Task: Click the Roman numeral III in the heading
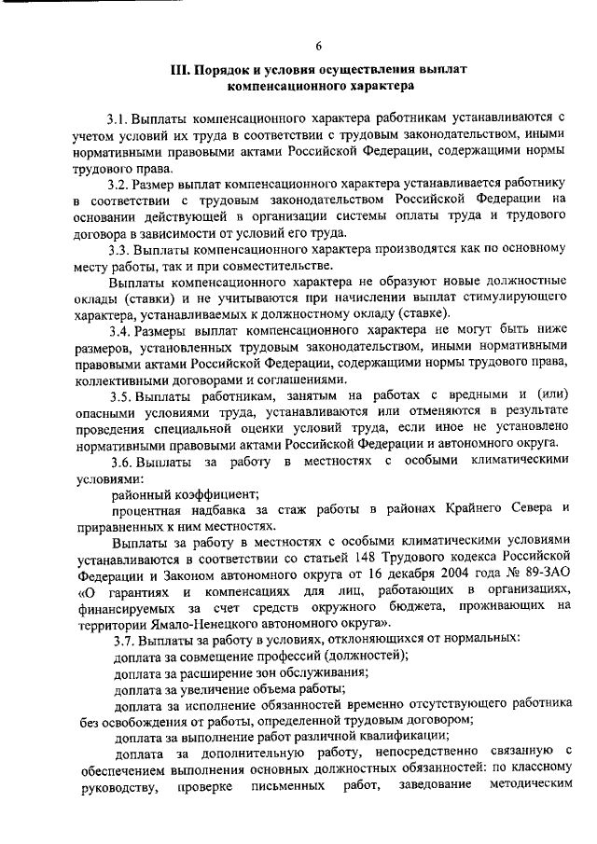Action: pyautogui.click(x=180, y=70)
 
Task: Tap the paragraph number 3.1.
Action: pyautogui.click(x=118, y=118)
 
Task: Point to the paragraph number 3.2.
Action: pyautogui.click(x=118, y=186)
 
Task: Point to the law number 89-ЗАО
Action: pyautogui.click(x=537, y=574)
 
